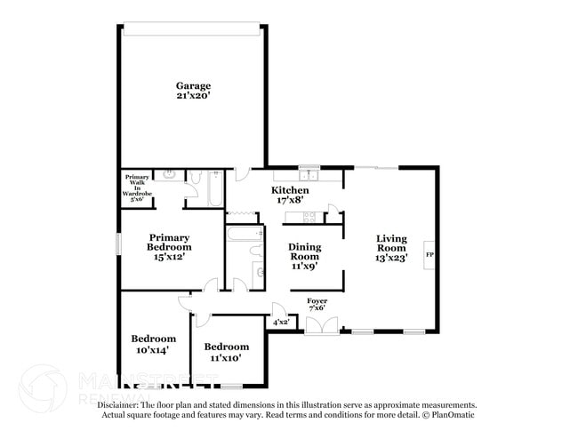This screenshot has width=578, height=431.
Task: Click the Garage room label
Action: coord(193,86)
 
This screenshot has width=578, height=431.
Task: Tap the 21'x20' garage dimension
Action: coord(193,98)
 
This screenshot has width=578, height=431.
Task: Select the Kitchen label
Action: coord(290,190)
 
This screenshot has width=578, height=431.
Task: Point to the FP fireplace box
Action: coord(430,256)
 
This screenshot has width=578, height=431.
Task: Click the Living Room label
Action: coord(391,243)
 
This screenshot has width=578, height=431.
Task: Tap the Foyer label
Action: coord(317,301)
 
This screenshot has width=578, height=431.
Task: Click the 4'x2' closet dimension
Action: coord(280,322)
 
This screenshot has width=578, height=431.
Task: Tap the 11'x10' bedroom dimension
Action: coord(227,358)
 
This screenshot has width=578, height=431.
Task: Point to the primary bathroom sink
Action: coord(169,175)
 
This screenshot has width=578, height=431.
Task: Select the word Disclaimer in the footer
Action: coord(116,404)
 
